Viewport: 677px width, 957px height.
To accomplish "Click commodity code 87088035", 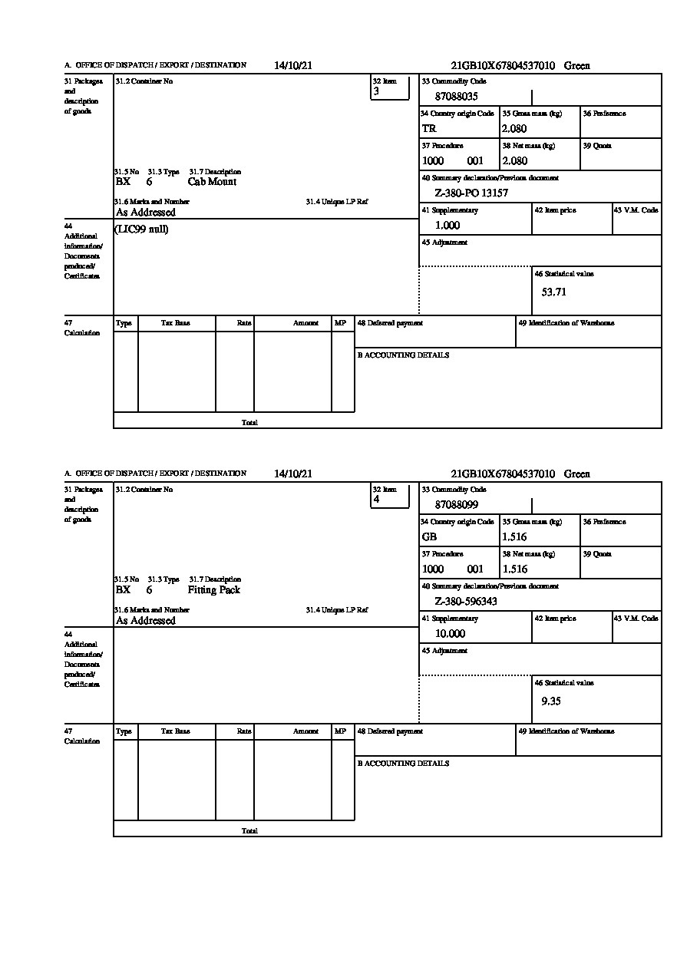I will pyautogui.click(x=456, y=97).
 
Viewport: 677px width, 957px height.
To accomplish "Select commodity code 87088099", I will pyautogui.click(x=456, y=505).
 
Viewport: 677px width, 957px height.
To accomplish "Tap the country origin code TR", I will pyautogui.click(x=429, y=129).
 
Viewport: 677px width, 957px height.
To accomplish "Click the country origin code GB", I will pyautogui.click(x=429, y=537).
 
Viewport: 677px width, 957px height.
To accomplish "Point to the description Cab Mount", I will pyautogui.click(x=212, y=182).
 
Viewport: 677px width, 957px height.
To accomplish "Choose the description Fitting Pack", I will pyautogui.click(x=213, y=590).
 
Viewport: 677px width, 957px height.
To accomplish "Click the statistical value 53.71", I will pyautogui.click(x=553, y=292).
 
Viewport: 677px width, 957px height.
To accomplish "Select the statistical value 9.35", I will pyautogui.click(x=550, y=701).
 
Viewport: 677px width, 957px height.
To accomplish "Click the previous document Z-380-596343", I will pyautogui.click(x=466, y=602).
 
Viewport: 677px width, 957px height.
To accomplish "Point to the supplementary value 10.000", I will pyautogui.click(x=450, y=634).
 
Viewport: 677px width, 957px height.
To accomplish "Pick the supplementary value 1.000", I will pyautogui.click(x=447, y=226).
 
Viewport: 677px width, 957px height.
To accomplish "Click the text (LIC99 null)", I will pyautogui.click(x=141, y=229).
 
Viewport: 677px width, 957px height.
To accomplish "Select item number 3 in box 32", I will pyautogui.click(x=377, y=91).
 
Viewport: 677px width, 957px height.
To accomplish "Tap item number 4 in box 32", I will pyautogui.click(x=377, y=500).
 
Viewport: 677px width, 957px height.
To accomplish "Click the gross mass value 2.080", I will pyautogui.click(x=514, y=129).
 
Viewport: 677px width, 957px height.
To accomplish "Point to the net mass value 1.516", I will pyautogui.click(x=514, y=569).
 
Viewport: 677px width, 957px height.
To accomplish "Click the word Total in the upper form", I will pyautogui.click(x=249, y=423).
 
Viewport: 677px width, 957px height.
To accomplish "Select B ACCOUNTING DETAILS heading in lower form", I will pyautogui.click(x=403, y=764).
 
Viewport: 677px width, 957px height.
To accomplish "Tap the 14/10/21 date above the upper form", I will pyautogui.click(x=292, y=66).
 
